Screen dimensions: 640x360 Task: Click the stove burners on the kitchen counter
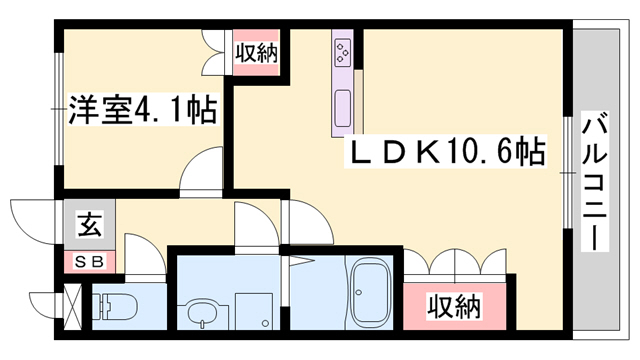[x=342, y=49]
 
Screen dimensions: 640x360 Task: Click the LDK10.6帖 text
[x=446, y=152]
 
